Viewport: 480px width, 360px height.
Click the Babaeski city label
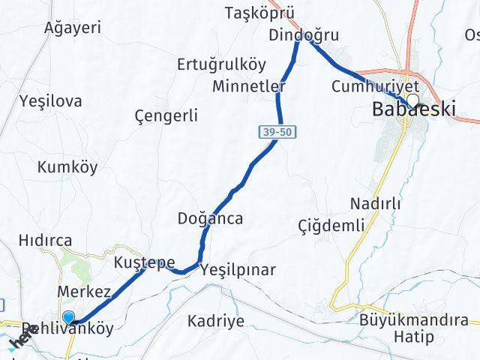tap(414, 110)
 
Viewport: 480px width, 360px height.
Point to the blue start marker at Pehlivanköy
tap(69, 318)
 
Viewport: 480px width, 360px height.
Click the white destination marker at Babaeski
tap(412, 99)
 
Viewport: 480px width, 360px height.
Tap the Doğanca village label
tap(211, 218)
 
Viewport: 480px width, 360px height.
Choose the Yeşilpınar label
tap(238, 270)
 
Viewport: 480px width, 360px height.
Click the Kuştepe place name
tap(145, 262)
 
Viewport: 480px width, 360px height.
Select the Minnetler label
tap(249, 86)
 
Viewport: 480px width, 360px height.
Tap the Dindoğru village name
tap(304, 35)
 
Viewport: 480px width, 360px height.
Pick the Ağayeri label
tap(73, 28)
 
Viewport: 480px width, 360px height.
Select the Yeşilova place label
tap(51, 101)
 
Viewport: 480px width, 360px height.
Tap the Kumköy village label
tap(67, 167)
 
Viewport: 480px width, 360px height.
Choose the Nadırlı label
tap(376, 204)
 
